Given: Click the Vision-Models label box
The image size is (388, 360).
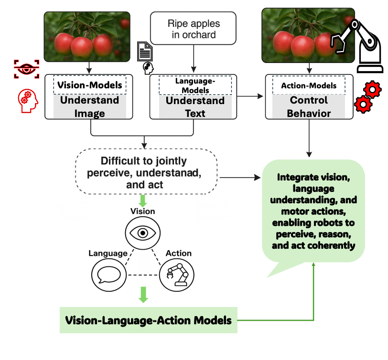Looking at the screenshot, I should tap(89, 85).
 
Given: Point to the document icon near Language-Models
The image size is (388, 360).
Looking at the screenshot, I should tap(145, 52).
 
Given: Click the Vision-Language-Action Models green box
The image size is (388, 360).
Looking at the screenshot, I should tap(148, 320).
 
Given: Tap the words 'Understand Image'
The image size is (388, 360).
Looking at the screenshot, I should tap(89, 107).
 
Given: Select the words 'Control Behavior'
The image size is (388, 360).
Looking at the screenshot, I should tap(309, 107).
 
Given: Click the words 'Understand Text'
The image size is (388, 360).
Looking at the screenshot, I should tap(195, 107).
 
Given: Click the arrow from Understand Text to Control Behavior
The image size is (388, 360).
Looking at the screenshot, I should tap(251, 96).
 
